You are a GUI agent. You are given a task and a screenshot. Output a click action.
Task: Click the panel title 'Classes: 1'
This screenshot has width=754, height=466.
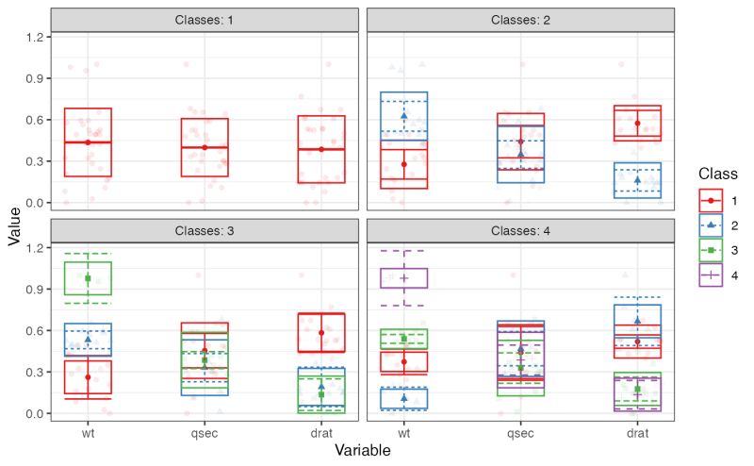pos(205,20)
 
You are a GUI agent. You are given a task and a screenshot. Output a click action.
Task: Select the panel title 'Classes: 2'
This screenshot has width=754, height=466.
pos(521,20)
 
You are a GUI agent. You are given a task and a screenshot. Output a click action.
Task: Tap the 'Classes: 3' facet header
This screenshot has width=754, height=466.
pos(205,230)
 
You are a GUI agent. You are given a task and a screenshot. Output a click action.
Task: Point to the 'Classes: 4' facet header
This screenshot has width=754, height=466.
pos(521,230)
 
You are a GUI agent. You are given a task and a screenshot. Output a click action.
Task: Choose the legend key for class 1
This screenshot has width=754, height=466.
pos(710,201)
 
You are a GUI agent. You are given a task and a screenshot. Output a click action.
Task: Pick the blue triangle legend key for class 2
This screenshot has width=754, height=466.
pos(710,225)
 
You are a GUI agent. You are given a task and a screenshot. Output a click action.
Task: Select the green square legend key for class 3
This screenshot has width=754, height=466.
pos(710,250)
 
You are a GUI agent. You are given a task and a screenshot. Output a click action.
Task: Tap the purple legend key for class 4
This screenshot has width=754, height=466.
pos(710,275)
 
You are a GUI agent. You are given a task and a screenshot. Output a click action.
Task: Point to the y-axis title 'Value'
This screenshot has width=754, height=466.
pos(13,227)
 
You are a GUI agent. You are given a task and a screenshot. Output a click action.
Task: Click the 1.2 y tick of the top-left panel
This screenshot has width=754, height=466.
pos(32,37)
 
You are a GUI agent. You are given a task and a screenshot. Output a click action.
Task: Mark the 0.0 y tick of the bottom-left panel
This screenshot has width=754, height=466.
pos(32,413)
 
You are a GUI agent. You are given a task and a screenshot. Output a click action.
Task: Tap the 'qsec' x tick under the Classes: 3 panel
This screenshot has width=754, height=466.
pos(205,434)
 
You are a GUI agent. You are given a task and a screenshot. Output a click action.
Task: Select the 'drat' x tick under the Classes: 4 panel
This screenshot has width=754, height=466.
pos(638,434)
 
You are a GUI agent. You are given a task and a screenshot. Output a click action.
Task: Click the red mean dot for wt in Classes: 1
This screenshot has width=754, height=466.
pos(88,142)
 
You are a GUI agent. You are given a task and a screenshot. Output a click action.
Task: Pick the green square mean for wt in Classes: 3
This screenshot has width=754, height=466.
pos(88,278)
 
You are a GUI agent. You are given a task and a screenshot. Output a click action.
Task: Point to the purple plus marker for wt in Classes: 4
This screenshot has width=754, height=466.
pos(404,278)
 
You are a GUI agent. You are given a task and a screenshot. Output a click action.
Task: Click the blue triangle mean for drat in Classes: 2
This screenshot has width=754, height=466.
pos(638,180)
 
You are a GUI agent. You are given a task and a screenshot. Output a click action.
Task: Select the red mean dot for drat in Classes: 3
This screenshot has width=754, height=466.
pos(321,333)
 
